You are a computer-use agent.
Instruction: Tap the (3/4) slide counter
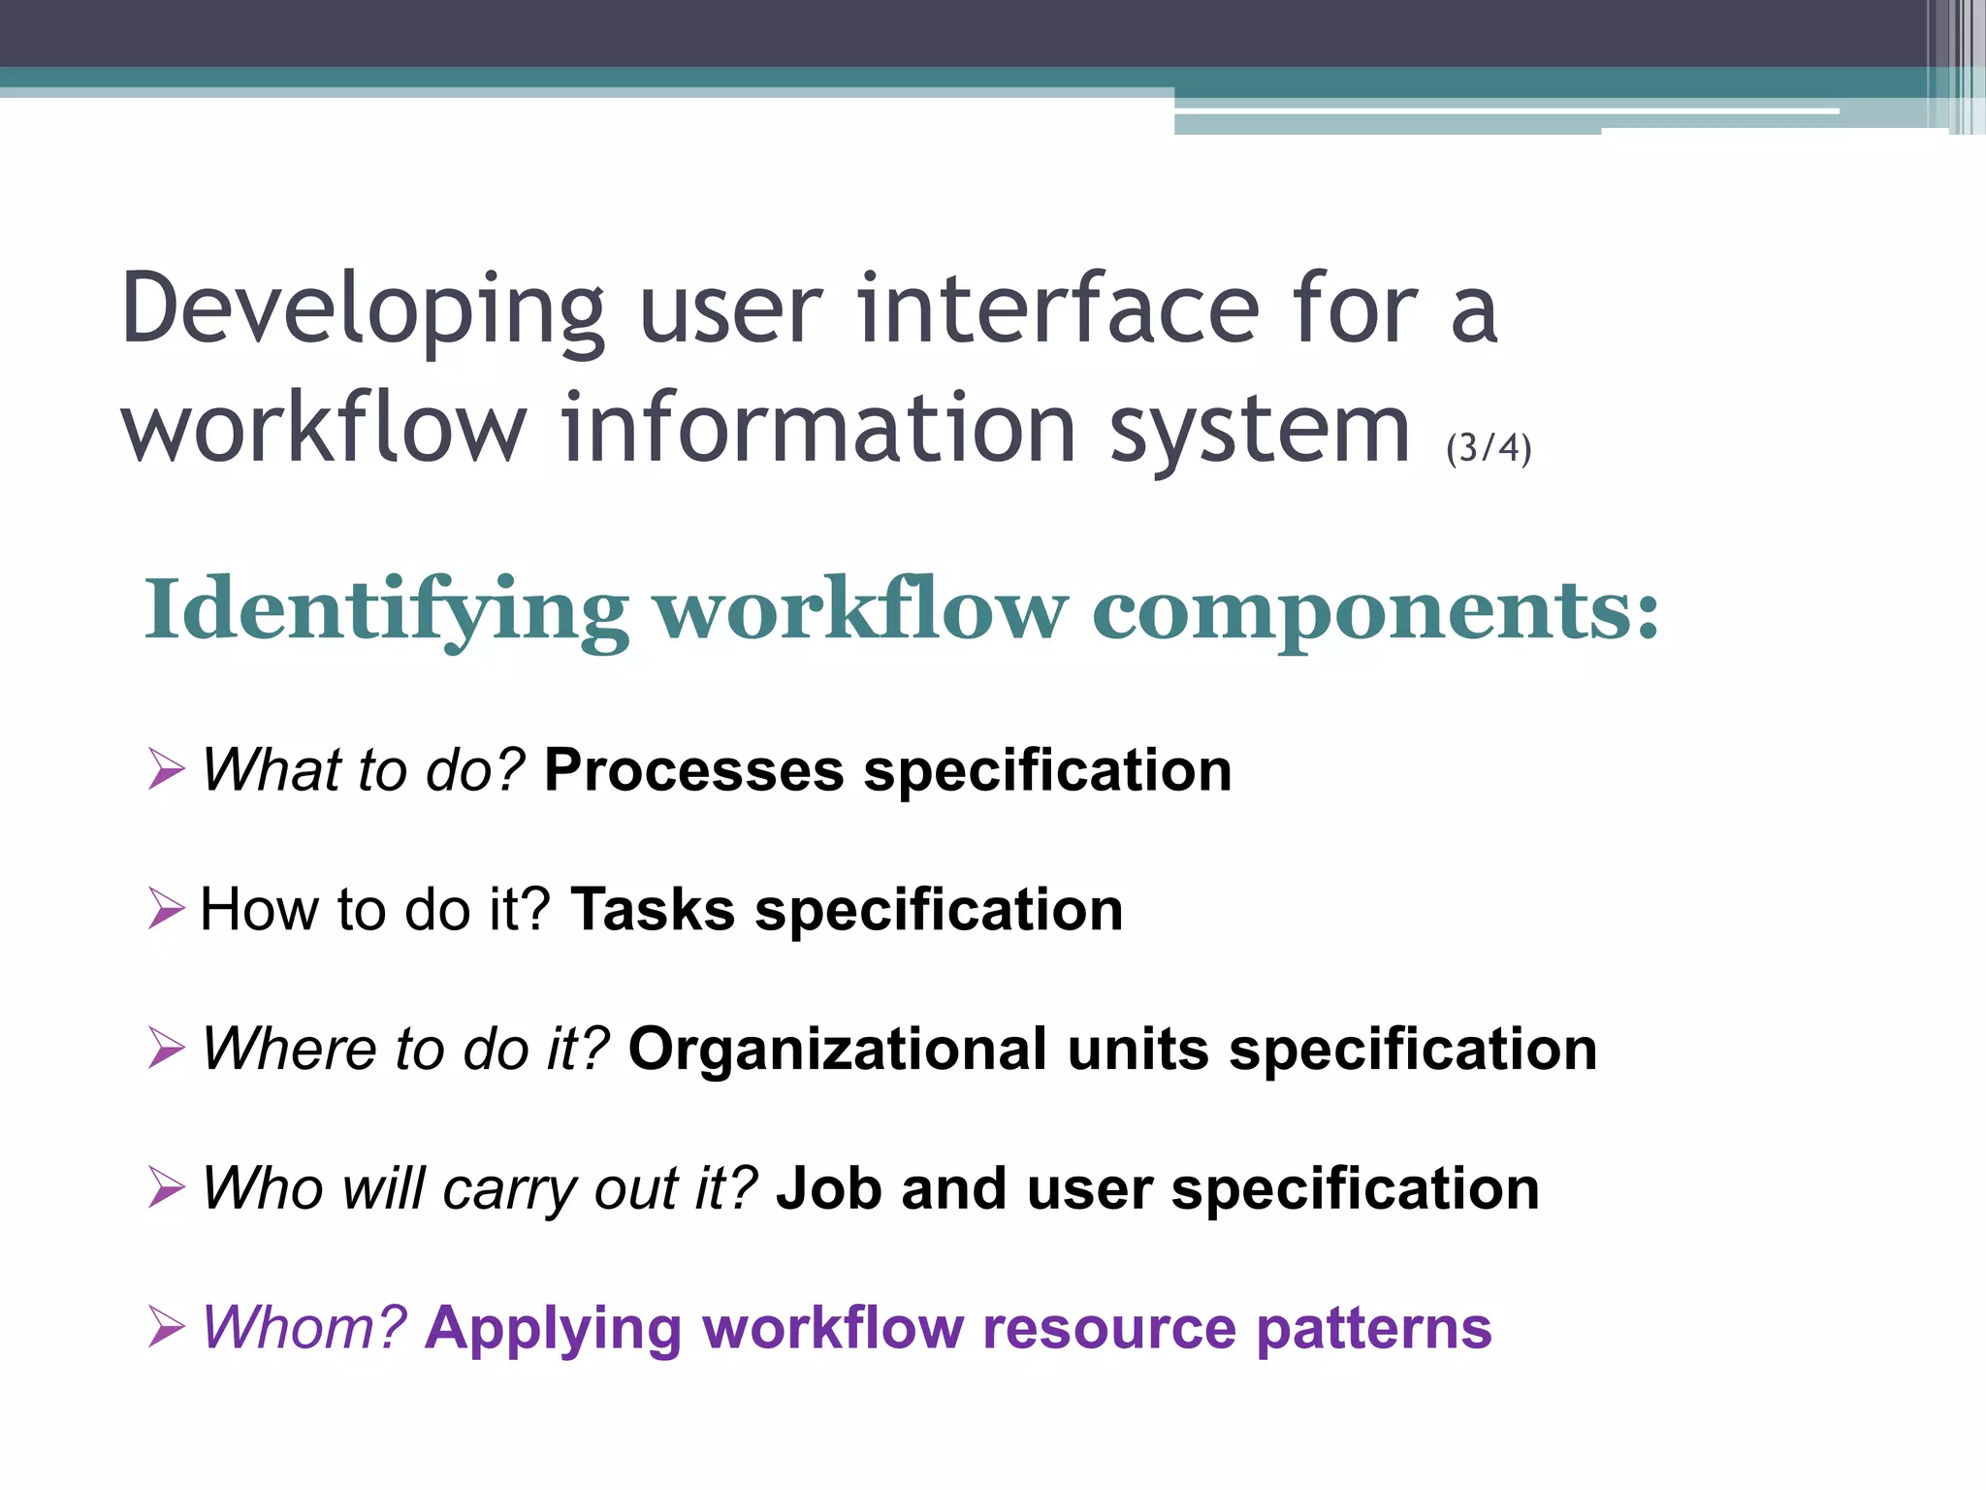(1488, 448)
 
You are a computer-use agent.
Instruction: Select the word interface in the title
(1058, 308)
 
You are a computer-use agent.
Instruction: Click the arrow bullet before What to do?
(166, 769)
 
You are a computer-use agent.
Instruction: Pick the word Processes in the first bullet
(693, 771)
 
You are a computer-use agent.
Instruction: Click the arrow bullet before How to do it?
(166, 909)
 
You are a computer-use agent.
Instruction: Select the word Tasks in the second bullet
(653, 910)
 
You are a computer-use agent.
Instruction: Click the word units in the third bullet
(1137, 1050)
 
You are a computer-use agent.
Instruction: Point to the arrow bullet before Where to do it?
(166, 1048)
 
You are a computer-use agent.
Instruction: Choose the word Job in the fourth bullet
(828, 1188)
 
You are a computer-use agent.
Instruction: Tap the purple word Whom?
(304, 1328)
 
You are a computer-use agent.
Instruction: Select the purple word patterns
(1373, 1328)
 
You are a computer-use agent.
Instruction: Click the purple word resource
(1108, 1328)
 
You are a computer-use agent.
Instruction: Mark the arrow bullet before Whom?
(166, 1327)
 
